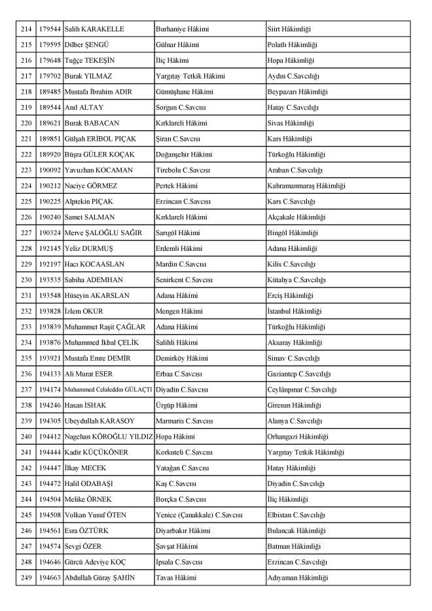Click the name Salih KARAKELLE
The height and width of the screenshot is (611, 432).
[x=94, y=29]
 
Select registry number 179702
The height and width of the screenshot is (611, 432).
[x=49, y=76]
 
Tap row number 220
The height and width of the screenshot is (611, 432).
[x=26, y=123]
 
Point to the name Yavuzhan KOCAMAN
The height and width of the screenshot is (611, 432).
[x=98, y=170]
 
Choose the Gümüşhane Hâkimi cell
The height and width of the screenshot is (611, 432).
[x=184, y=92]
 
